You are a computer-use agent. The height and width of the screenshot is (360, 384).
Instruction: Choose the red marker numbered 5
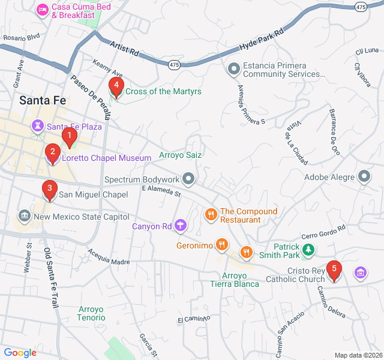pos(334,271)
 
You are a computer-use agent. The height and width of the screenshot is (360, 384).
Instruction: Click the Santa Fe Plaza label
pos(74,127)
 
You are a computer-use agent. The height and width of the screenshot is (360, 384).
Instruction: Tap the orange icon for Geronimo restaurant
pos(221,245)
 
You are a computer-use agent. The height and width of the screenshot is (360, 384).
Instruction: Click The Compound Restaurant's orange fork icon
pos(210,215)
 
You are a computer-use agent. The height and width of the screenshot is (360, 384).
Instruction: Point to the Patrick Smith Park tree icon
pos(308,249)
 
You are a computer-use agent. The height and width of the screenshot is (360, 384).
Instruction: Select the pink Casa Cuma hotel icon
pos(42,10)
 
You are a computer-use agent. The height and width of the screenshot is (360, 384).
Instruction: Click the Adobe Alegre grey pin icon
pos(364,176)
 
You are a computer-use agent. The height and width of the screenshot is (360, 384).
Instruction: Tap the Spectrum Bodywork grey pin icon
pos(189,179)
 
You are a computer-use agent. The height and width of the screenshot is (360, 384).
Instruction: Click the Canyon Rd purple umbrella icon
pos(179,226)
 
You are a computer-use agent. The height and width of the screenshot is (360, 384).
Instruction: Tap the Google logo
pos(20,353)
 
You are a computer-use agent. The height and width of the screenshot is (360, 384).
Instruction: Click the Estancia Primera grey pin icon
pos(233,69)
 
